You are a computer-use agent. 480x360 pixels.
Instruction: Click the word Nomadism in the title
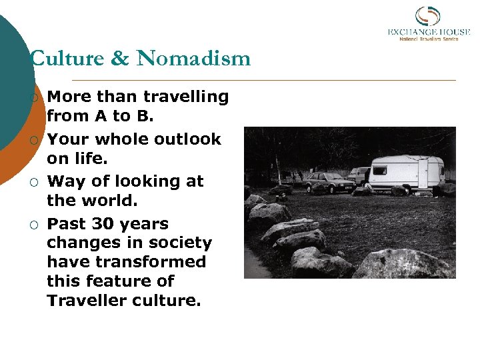point(193,59)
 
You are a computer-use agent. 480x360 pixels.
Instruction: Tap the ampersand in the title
point(120,59)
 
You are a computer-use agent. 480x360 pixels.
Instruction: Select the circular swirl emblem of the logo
point(427,16)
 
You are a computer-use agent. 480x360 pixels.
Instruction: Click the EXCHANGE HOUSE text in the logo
point(429,31)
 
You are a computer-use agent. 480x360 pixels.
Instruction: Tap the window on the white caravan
point(381,170)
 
